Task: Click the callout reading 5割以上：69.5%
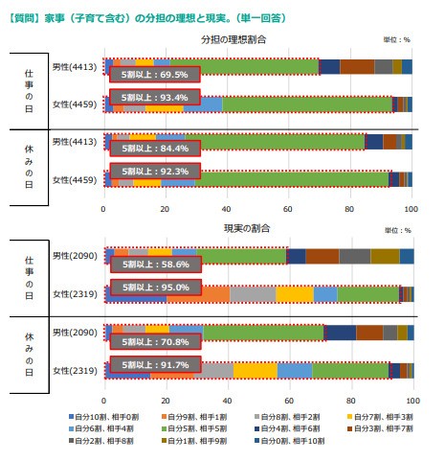(154, 74)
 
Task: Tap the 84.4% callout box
(154, 149)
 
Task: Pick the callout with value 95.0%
(154, 288)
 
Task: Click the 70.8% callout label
(154, 339)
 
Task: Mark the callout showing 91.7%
(154, 364)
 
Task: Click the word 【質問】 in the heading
(21, 15)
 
